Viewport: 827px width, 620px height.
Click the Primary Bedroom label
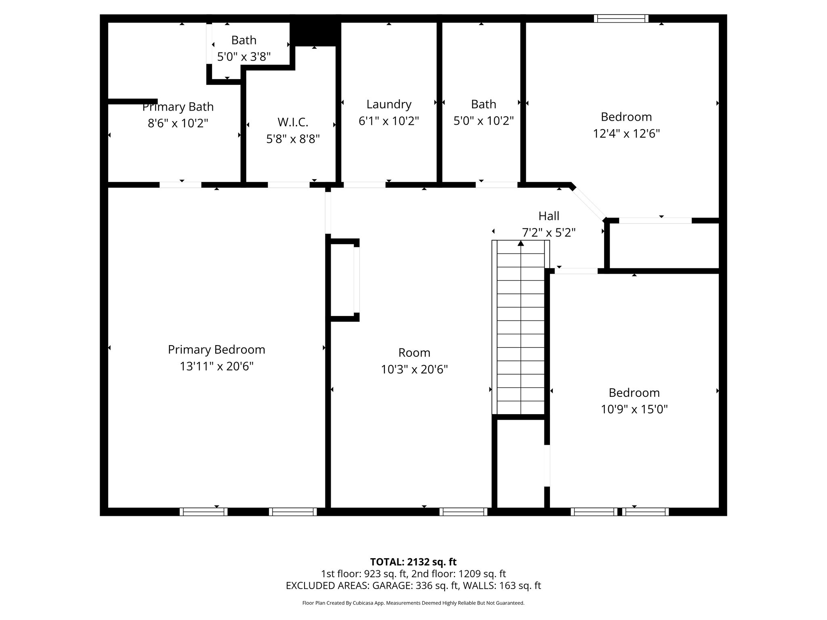click(x=216, y=350)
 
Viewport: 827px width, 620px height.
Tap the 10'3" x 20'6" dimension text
click(x=414, y=369)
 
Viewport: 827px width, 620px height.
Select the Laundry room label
click(x=388, y=104)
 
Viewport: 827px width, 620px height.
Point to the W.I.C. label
click(x=293, y=122)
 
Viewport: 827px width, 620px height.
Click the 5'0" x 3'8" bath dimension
click(x=243, y=57)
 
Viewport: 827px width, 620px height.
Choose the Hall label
click(x=549, y=216)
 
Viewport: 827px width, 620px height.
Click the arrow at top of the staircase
click(x=521, y=243)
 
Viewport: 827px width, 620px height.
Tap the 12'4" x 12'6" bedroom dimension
click(x=626, y=134)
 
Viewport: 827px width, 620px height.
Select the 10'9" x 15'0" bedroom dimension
click(x=634, y=409)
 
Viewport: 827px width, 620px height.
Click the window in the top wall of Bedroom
click(x=621, y=19)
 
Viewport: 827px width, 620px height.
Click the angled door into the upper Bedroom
click(x=589, y=203)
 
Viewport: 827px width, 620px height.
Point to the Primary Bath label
click(x=178, y=107)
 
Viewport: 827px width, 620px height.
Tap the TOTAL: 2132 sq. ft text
click(x=413, y=561)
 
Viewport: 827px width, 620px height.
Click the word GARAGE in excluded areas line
click(x=392, y=586)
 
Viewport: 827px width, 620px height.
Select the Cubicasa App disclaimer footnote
click(x=413, y=603)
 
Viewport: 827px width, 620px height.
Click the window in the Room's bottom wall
click(x=463, y=512)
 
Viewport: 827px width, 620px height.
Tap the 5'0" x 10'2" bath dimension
click(x=483, y=121)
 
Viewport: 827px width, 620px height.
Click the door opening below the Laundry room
click(x=364, y=185)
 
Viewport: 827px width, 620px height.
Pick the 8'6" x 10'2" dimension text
click(x=178, y=123)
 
